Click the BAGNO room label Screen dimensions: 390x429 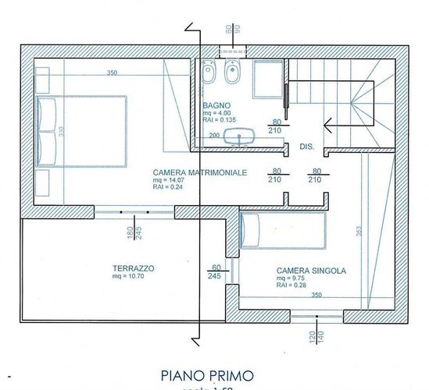point(215,105)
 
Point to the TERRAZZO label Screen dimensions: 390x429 point(133,268)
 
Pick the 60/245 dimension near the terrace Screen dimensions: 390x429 point(216,271)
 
